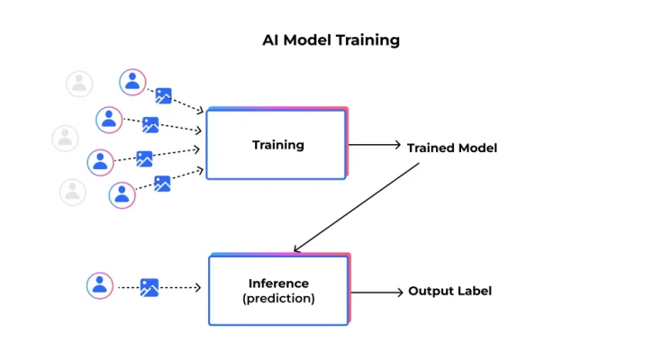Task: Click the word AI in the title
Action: point(271,40)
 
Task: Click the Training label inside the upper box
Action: point(277,145)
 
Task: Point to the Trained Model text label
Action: point(451,148)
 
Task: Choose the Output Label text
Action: point(449,291)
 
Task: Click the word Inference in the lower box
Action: point(278,283)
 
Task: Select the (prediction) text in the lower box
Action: point(278,299)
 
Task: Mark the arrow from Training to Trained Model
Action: point(374,144)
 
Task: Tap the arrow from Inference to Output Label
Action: point(376,291)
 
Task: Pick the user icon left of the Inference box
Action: point(100,286)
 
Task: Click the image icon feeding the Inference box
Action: point(150,288)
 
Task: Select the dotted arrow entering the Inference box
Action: point(181,288)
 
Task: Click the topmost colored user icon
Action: point(132,82)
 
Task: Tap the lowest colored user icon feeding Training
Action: point(122,194)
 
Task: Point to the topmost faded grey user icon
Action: point(79,84)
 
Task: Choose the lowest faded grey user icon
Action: point(72,192)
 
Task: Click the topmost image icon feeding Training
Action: point(163,95)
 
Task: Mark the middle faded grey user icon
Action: point(65,138)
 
